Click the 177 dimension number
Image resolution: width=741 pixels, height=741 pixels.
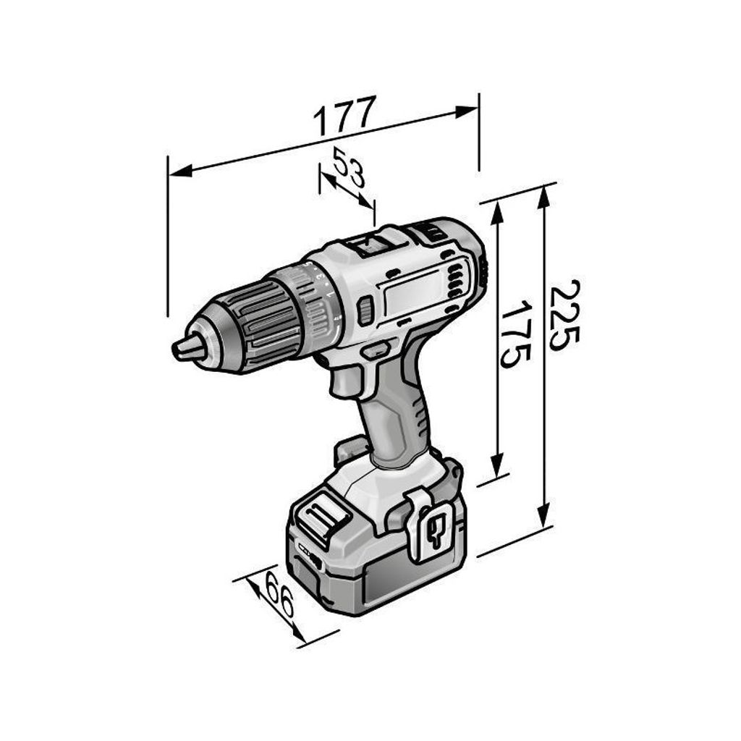[x=345, y=115]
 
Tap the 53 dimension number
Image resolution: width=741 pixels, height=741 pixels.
[x=350, y=167]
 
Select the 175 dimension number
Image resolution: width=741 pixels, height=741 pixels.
[x=515, y=334]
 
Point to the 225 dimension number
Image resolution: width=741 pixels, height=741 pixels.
[x=564, y=315]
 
